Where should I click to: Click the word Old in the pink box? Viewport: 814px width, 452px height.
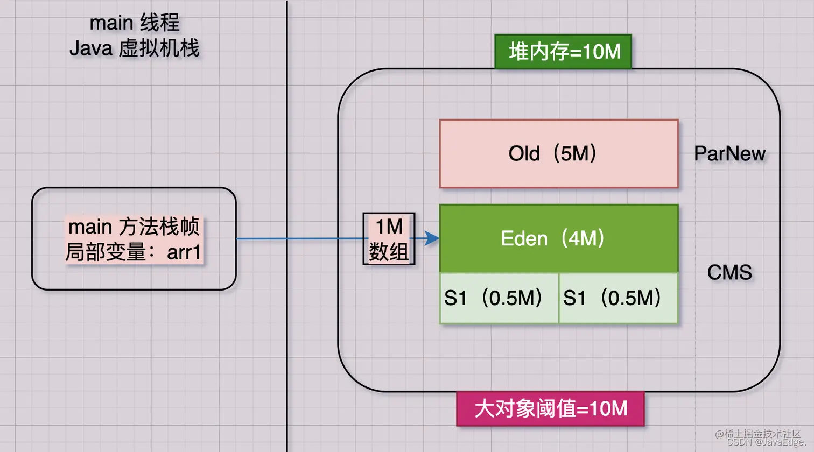[x=524, y=154]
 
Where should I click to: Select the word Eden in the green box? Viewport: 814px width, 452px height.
[x=524, y=238]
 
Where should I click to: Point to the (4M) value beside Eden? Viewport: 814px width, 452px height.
[x=583, y=238]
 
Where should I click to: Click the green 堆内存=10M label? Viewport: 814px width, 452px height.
[x=564, y=52]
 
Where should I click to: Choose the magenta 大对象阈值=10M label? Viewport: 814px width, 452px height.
[x=550, y=409]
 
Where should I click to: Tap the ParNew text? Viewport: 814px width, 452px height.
[x=729, y=154]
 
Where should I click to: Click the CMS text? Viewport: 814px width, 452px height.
[x=729, y=272]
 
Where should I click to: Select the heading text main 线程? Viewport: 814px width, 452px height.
[x=134, y=23]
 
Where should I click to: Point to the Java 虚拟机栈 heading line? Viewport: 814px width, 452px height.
[x=134, y=48]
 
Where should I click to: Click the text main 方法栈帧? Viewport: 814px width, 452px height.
[x=134, y=227]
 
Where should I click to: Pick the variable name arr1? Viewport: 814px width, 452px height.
[x=184, y=252]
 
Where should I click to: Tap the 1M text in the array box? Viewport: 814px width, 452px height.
[x=389, y=227]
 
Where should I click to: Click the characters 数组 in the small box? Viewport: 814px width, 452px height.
[x=389, y=251]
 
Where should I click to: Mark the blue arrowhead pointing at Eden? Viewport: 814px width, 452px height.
[x=432, y=238]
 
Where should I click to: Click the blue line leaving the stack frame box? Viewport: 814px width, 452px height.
[x=296, y=238]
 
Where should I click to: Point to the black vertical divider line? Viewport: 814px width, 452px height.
[x=287, y=135]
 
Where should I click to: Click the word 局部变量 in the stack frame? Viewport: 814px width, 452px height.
[x=106, y=252]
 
